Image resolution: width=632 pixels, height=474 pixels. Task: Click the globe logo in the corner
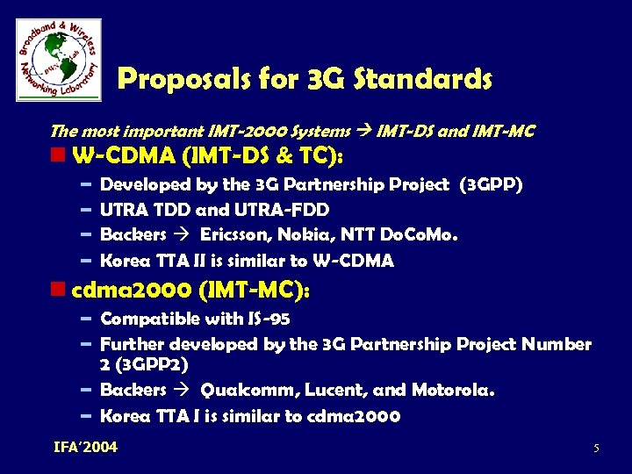point(58,60)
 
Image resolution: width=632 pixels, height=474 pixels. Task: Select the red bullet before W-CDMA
point(59,156)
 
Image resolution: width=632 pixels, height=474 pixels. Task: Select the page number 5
point(596,449)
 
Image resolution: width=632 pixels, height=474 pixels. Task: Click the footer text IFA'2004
point(85,448)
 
